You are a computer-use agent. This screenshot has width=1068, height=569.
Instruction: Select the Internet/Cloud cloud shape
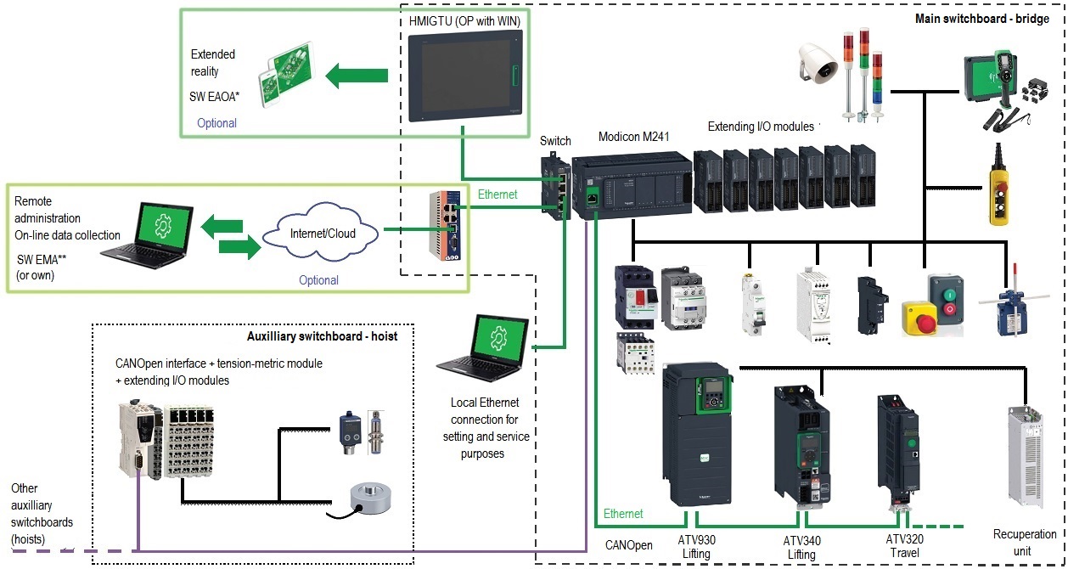[x=320, y=231]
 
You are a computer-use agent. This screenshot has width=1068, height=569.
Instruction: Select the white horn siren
[x=817, y=66]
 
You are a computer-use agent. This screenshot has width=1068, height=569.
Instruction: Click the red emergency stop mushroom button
[x=918, y=309]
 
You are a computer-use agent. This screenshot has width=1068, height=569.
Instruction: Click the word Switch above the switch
[x=555, y=141]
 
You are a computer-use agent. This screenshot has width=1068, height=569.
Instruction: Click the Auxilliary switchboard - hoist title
[x=322, y=336]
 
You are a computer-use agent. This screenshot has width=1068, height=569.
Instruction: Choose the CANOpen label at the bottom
[x=629, y=545]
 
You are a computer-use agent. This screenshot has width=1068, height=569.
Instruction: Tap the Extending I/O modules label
[x=761, y=127]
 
